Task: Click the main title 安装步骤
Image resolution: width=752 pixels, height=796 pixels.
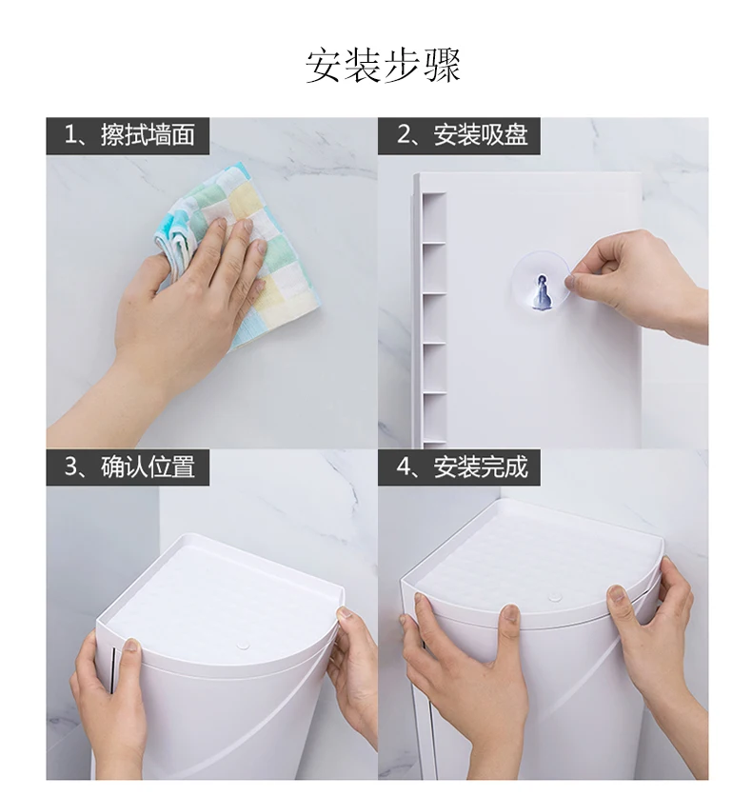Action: tap(383, 66)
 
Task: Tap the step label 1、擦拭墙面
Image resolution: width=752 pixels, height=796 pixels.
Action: tap(129, 135)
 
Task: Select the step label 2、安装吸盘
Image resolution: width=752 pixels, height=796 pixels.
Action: tap(463, 135)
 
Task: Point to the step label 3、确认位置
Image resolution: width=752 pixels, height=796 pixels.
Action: tap(129, 468)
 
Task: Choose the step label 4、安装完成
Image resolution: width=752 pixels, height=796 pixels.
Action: tap(463, 468)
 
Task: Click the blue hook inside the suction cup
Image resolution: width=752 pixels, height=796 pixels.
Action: tap(542, 292)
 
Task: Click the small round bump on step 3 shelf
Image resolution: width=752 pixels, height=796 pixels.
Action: tap(244, 647)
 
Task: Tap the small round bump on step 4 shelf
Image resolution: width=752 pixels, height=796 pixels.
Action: tap(555, 597)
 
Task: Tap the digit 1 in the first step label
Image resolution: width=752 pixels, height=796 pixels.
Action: tap(70, 135)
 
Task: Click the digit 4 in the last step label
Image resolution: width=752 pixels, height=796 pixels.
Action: tap(405, 468)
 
